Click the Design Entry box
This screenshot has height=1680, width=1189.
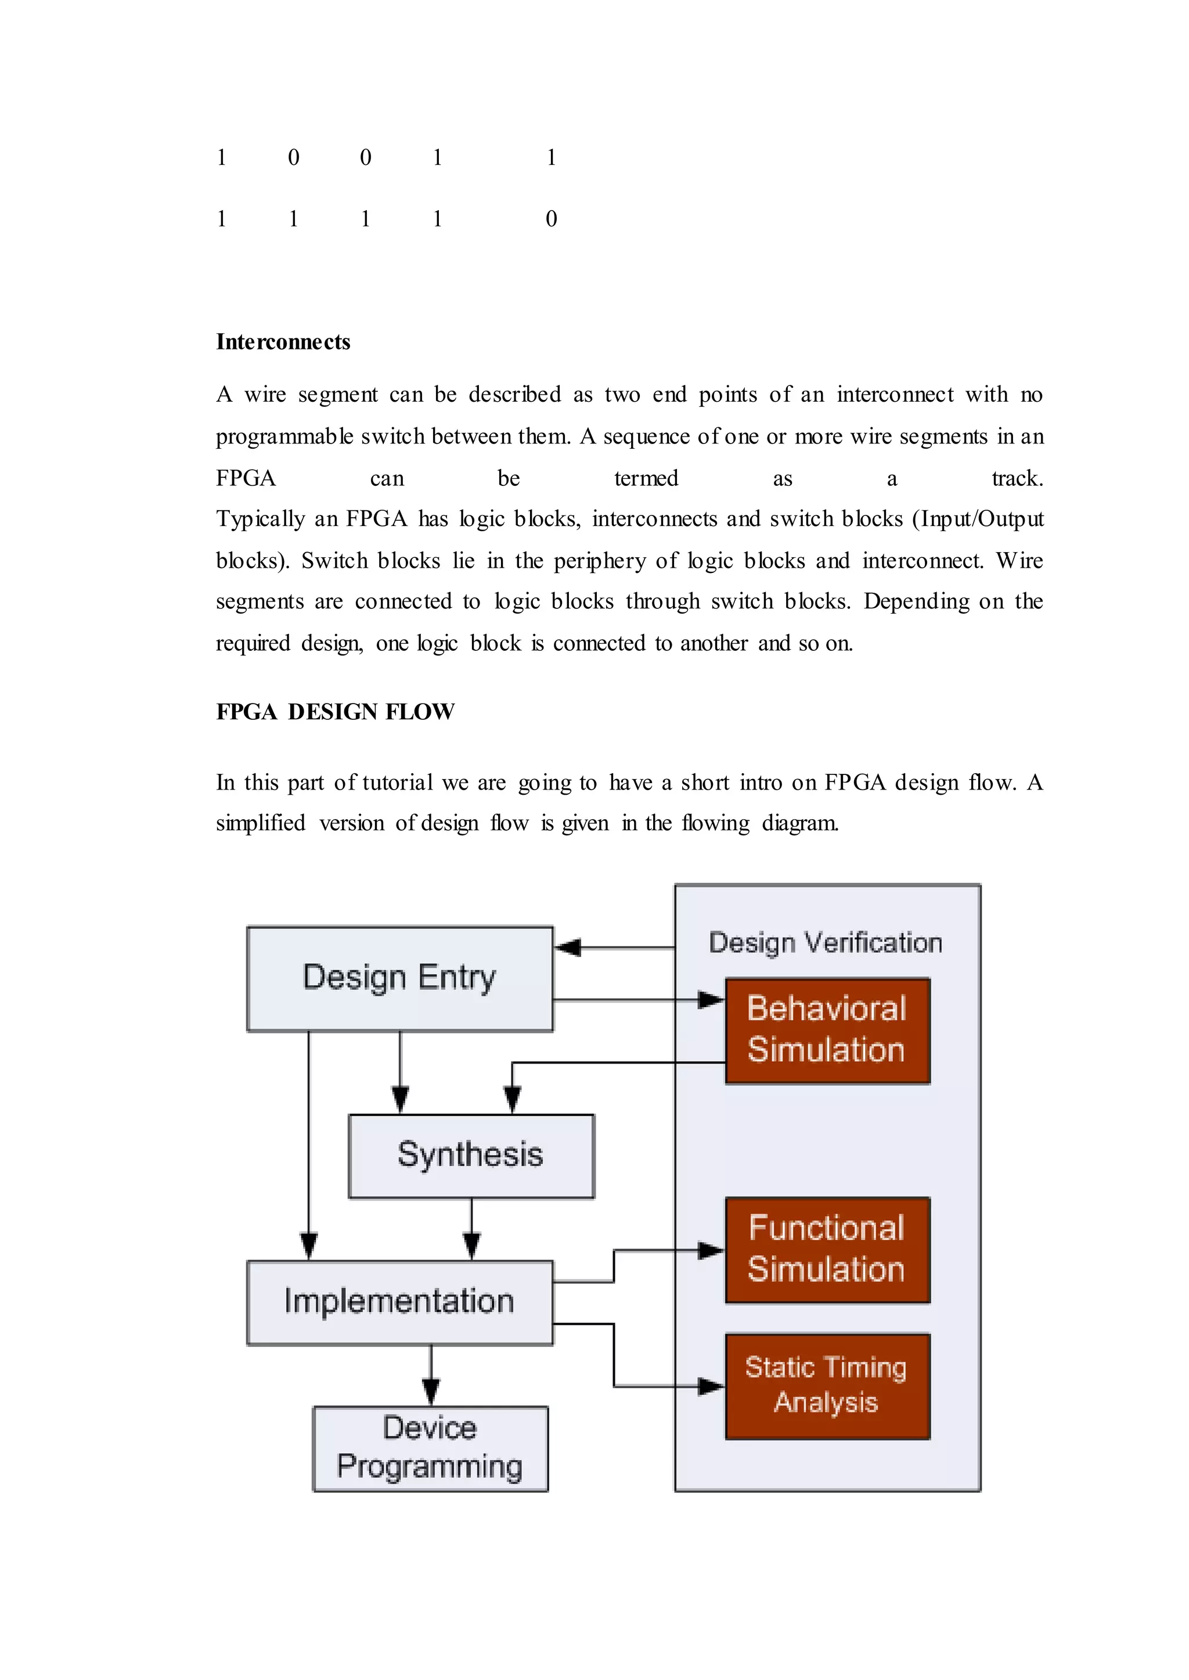[x=400, y=979]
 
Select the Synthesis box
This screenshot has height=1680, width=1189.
[x=471, y=1156]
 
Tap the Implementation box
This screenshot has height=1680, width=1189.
[x=400, y=1302]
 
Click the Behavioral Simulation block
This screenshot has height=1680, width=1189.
[x=827, y=1030]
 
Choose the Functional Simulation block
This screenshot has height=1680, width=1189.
[x=827, y=1250]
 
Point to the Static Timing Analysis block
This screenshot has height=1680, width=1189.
[x=827, y=1386]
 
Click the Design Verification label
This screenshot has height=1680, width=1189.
[x=825, y=943]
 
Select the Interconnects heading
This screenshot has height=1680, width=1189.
[x=283, y=342]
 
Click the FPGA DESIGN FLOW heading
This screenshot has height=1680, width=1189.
[x=336, y=712]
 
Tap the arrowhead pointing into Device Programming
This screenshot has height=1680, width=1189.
[x=431, y=1390]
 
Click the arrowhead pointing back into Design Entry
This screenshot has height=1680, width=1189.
[x=568, y=947]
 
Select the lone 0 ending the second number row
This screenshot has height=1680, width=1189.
[x=552, y=219]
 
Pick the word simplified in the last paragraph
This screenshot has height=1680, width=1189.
[x=261, y=823]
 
